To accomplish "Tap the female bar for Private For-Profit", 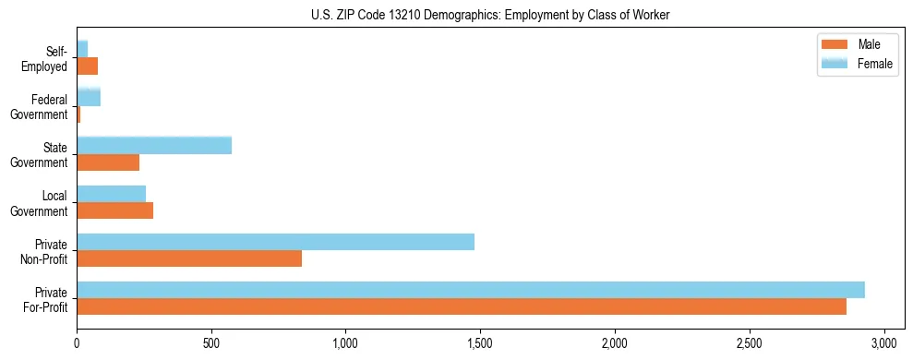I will [471, 290].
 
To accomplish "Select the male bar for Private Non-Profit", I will [189, 258].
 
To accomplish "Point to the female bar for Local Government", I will [111, 194].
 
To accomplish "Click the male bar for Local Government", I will [114, 210].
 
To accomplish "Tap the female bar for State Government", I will [154, 146].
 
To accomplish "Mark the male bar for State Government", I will [108, 162].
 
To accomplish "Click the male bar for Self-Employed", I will [87, 66].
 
